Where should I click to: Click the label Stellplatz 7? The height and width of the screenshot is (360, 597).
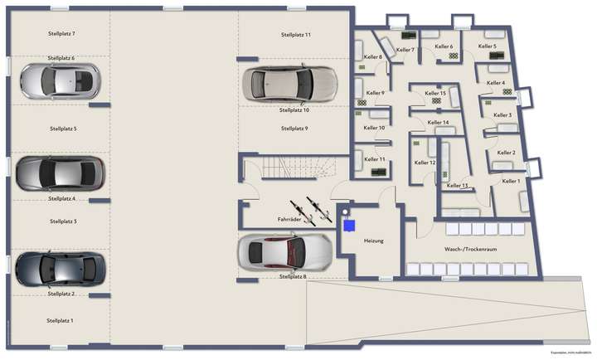tap(62, 33)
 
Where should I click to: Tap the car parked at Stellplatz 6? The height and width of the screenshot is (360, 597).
tap(58, 80)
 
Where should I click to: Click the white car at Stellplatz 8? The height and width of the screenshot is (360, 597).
tap(283, 251)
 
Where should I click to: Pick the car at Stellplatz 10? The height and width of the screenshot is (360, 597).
tap(290, 83)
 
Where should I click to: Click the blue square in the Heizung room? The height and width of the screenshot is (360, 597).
tap(350, 225)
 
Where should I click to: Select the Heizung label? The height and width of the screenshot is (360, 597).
tap(373, 241)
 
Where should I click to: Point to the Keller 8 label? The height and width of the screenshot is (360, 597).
tap(372, 57)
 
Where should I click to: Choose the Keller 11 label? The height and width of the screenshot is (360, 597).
tap(376, 158)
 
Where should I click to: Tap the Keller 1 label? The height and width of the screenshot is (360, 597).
tap(512, 181)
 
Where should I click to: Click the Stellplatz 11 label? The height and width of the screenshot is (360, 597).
tap(295, 35)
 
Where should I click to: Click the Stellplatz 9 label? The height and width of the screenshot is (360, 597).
tap(294, 129)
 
